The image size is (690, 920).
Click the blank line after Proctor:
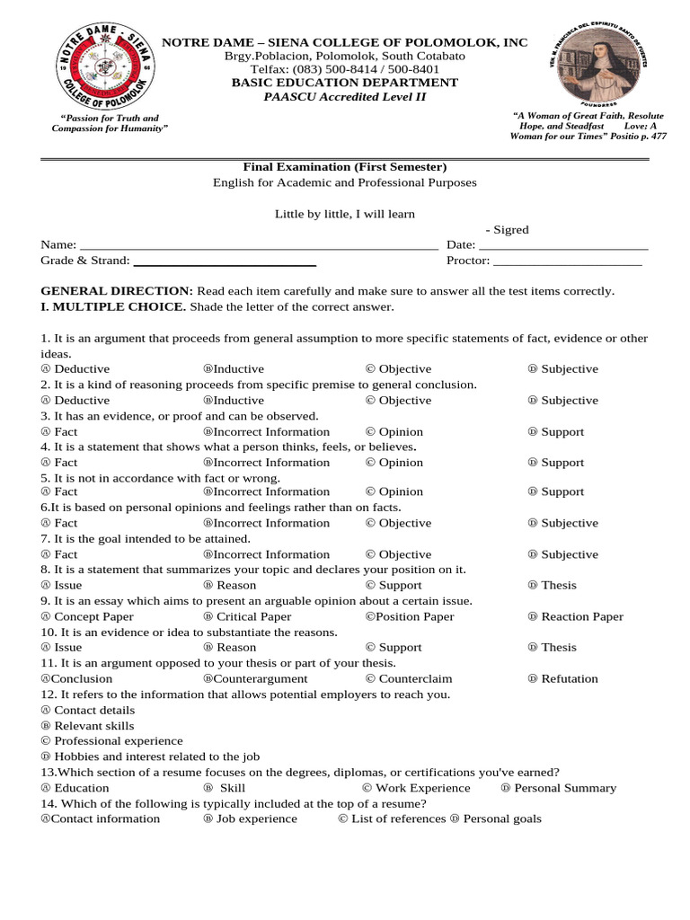click(568, 262)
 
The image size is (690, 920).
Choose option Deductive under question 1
click(75, 369)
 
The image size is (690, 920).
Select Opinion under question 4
click(394, 463)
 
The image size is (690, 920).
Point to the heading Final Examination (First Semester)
click(344, 167)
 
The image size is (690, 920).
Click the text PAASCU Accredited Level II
click(344, 97)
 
